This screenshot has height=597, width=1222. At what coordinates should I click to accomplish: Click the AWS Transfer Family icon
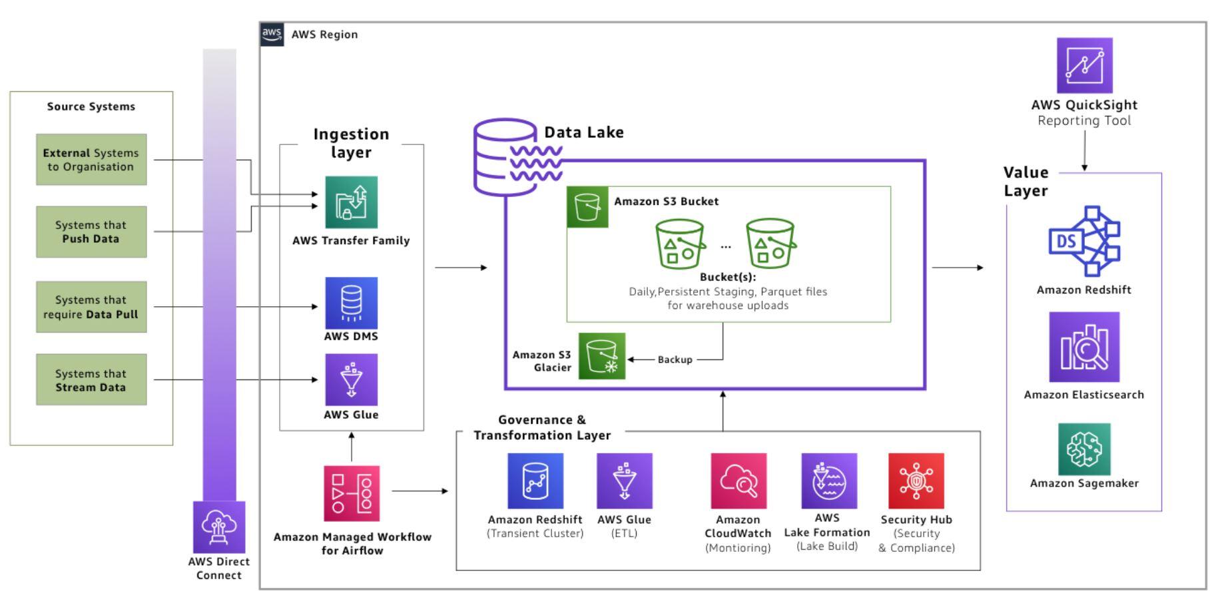pos(351,202)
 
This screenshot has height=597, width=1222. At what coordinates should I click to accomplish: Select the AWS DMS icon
pos(351,303)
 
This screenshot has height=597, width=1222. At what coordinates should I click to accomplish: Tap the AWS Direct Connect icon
pos(218,527)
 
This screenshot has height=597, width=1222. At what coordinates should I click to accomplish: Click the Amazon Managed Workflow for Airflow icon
pos(352,493)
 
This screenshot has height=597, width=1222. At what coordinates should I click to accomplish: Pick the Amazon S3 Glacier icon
pos(602,356)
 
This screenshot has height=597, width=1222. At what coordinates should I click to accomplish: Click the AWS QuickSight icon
pos(1084,65)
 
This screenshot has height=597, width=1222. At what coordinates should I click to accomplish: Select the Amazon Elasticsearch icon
pos(1083,347)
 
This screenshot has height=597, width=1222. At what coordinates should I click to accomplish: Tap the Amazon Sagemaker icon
pos(1083,449)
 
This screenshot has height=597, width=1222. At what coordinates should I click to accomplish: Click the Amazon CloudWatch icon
pos(738,481)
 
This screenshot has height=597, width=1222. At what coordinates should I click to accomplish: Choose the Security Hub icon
pos(916,481)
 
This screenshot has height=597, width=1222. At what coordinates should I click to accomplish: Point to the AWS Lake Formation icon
pos(828,481)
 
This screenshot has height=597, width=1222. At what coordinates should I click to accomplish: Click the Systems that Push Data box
pos(91,232)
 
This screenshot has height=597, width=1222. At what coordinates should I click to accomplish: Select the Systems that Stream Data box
pos(91,380)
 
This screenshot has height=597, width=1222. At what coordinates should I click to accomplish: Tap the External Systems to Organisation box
pos(91,160)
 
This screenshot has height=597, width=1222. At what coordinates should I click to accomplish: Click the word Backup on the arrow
pos(675,359)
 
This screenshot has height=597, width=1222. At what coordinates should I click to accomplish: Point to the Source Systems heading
pos(91,106)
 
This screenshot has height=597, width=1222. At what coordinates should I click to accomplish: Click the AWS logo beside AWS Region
pos(272,34)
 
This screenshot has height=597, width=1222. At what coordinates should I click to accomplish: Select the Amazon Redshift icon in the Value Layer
pos(1083,241)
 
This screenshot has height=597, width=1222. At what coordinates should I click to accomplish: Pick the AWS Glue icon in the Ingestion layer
pos(351,379)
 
